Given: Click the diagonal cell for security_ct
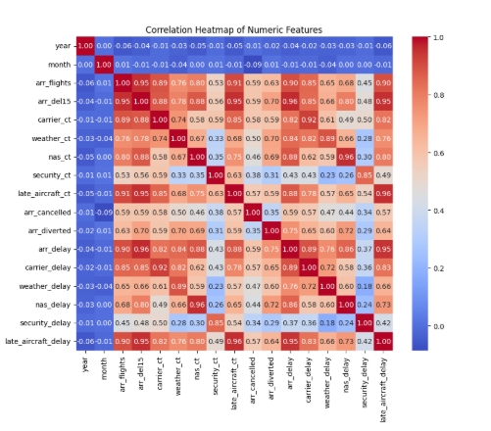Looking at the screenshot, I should tap(215, 169).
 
